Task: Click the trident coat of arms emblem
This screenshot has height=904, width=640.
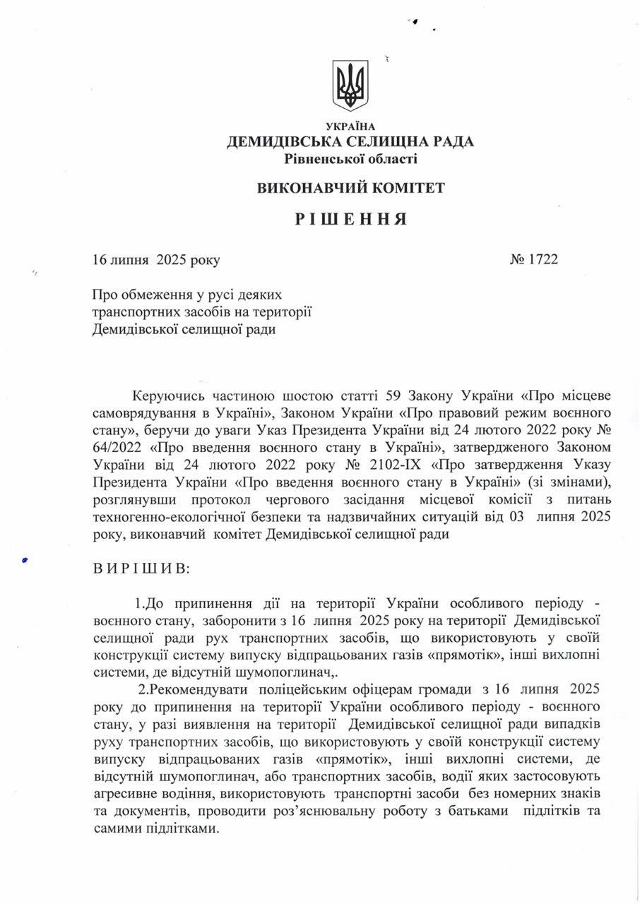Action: [x=350, y=85]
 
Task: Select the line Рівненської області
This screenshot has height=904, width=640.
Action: [x=350, y=159]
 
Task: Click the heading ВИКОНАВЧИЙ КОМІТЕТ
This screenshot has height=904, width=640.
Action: [x=350, y=188]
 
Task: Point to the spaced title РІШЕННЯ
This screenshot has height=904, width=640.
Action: [x=350, y=219]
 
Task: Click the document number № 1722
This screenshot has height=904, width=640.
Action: [x=533, y=260]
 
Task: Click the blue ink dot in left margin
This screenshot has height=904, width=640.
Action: [x=25, y=559]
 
